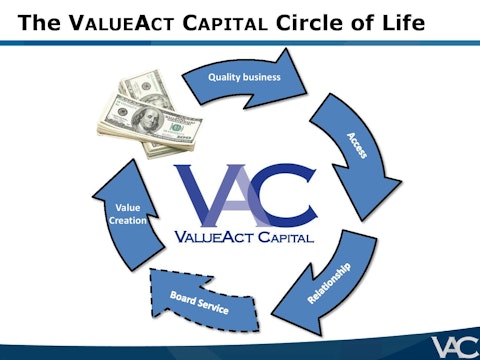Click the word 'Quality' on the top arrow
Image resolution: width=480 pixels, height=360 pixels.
click(225, 77)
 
